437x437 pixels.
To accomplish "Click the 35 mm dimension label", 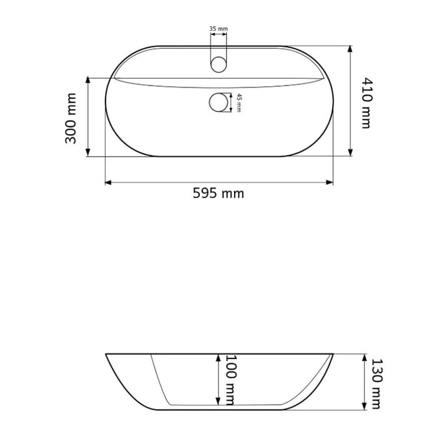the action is (219, 29).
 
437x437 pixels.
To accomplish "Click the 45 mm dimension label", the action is (239, 103).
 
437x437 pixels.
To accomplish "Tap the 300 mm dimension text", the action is (71, 119).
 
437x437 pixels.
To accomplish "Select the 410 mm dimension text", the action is (367, 102).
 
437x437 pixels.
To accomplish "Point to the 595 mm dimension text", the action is (219, 193).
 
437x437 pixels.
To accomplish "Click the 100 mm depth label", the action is (230, 380).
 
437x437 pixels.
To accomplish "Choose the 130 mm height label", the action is (377, 384).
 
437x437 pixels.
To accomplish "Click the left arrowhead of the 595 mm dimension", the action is (108, 182).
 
